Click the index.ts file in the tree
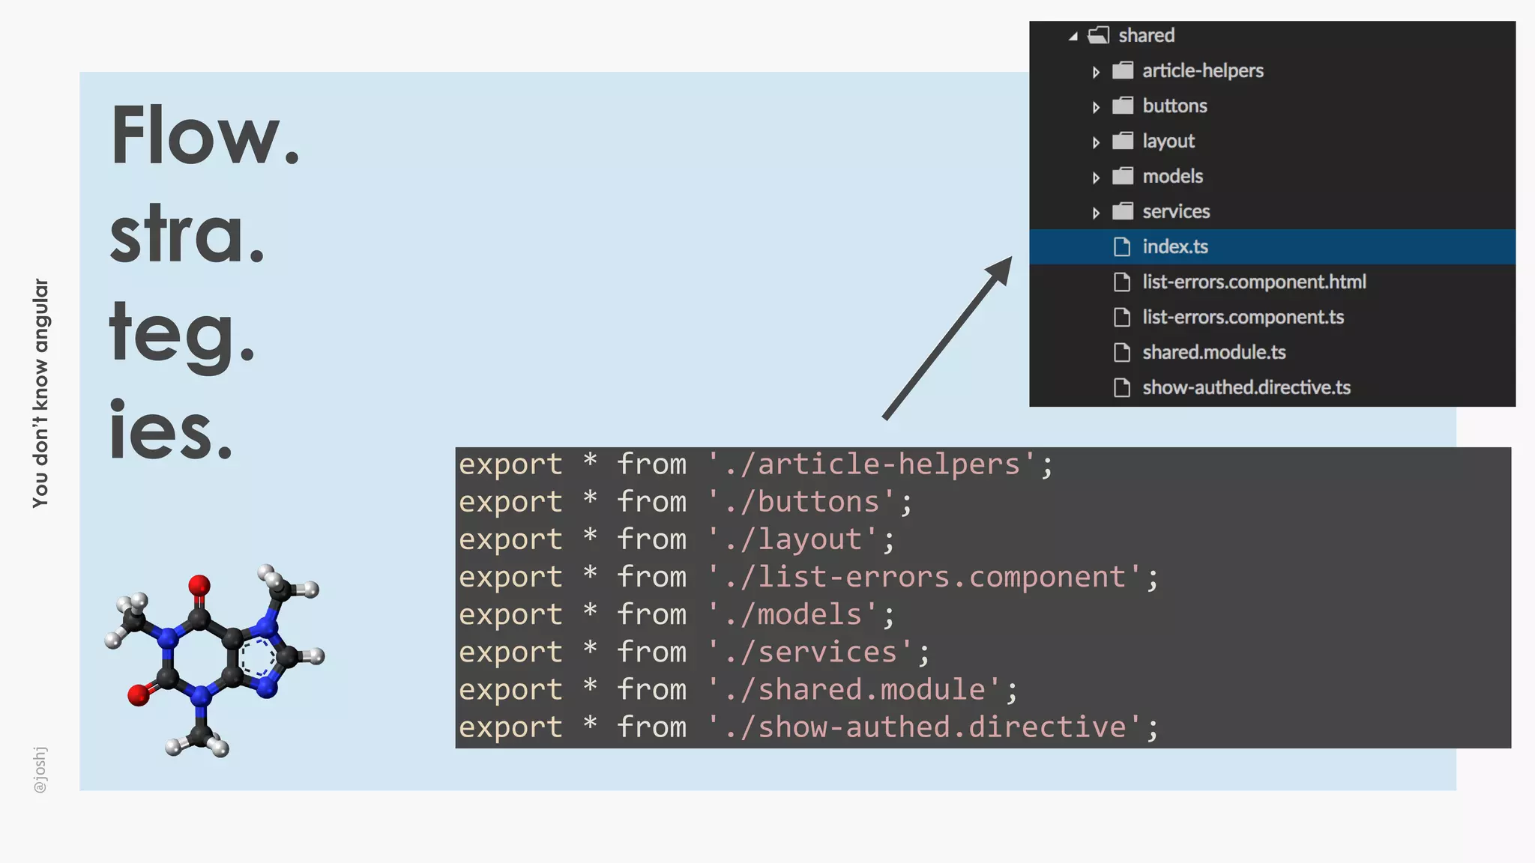tap(1174, 246)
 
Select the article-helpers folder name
tap(1202, 70)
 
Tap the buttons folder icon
tap(1122, 106)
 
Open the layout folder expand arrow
tap(1096, 142)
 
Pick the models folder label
tap(1172, 176)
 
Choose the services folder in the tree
tap(1175, 211)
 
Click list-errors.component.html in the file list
tap(1253, 282)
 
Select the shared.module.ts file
tap(1213, 352)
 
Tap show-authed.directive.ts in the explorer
tap(1246, 387)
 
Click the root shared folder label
tap(1146, 35)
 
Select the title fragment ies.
tap(171, 430)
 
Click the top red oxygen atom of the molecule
tap(199, 584)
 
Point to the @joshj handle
tap(40, 769)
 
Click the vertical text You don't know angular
tap(40, 393)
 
